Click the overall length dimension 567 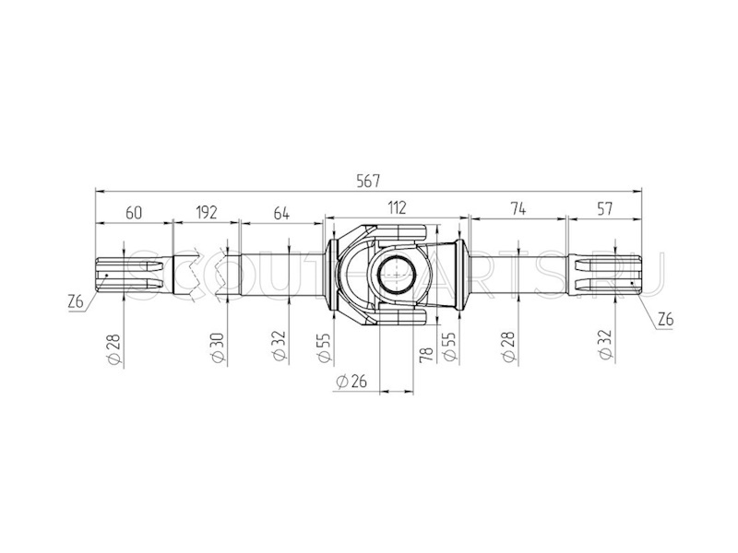367,181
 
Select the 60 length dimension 134,213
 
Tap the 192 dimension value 206,212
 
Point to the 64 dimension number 281,213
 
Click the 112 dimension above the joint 397,207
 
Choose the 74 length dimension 518,208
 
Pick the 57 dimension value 605,208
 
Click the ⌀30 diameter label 218,347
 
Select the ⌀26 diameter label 351,382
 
